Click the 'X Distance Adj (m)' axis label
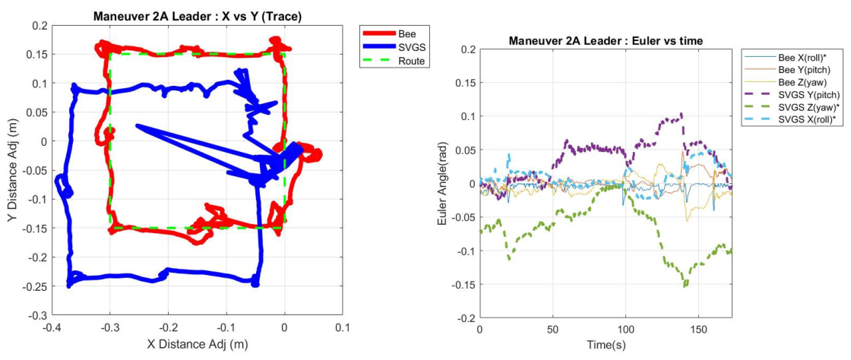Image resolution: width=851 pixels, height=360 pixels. [x=198, y=344]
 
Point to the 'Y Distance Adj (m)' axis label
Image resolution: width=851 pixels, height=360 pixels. [x=15, y=169]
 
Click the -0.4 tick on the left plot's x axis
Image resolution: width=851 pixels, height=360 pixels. [x=52, y=328]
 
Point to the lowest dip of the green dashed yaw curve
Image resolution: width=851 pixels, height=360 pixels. [x=685, y=285]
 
